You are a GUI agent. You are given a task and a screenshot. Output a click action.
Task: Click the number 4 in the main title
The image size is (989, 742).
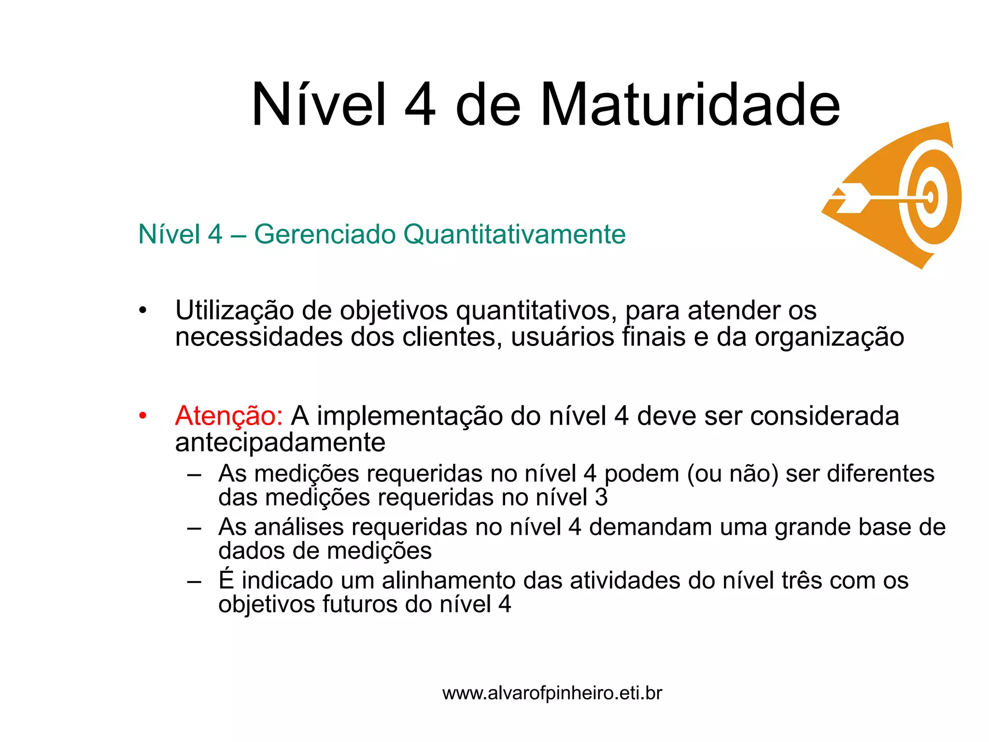420,105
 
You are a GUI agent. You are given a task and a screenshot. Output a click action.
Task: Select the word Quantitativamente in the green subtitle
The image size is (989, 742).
514,235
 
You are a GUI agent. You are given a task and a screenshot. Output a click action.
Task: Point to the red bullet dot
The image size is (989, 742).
142,416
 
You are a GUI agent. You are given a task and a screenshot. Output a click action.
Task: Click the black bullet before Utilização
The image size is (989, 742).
142,311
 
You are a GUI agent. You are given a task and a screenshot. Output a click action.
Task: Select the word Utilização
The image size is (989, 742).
234,311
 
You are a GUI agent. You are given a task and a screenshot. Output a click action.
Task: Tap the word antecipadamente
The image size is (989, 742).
280,442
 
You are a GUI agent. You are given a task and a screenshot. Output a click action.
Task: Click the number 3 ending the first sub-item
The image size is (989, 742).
601,498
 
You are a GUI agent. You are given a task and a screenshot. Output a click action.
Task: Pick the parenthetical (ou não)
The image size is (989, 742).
733,474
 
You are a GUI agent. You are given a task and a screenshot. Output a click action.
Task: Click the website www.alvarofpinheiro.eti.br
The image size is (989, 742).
552,693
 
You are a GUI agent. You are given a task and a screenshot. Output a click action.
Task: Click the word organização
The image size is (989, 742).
829,337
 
